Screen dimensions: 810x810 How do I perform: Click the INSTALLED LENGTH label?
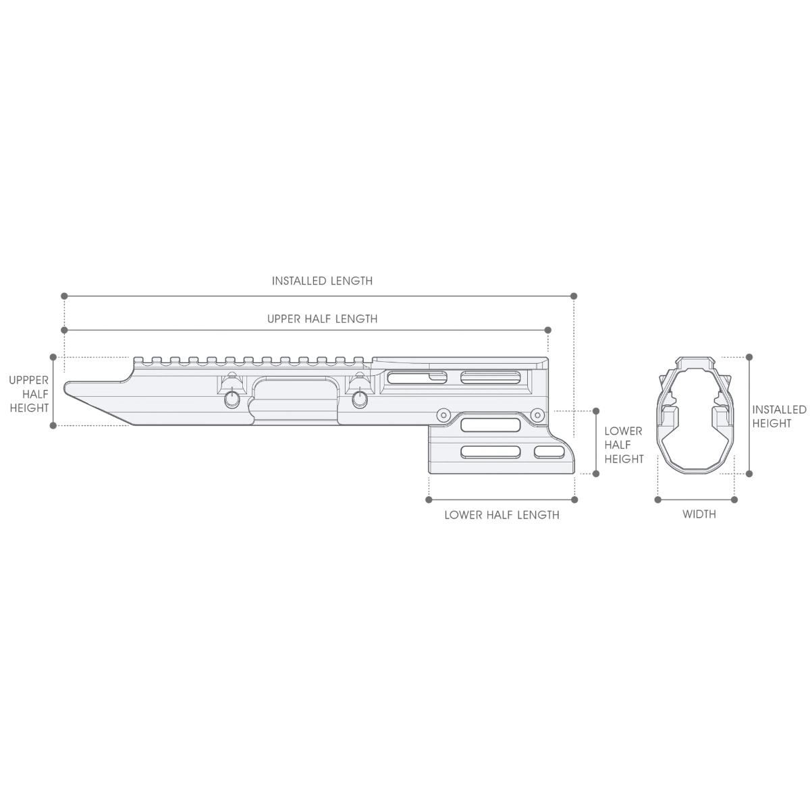[322, 281]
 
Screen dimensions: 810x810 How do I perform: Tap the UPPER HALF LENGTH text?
[322, 319]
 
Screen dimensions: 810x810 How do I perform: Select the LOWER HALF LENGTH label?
[502, 515]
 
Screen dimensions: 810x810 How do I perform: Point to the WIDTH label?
[699, 514]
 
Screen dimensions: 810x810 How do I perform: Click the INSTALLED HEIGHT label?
[779, 416]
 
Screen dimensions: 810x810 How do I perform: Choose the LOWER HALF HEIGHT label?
[624, 445]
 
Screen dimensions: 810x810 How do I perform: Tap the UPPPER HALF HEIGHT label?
[29, 394]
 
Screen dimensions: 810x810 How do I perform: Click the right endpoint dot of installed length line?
[574, 296]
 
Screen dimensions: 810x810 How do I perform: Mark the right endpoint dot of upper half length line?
[547, 330]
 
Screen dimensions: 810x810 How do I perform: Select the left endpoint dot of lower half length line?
[429, 500]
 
